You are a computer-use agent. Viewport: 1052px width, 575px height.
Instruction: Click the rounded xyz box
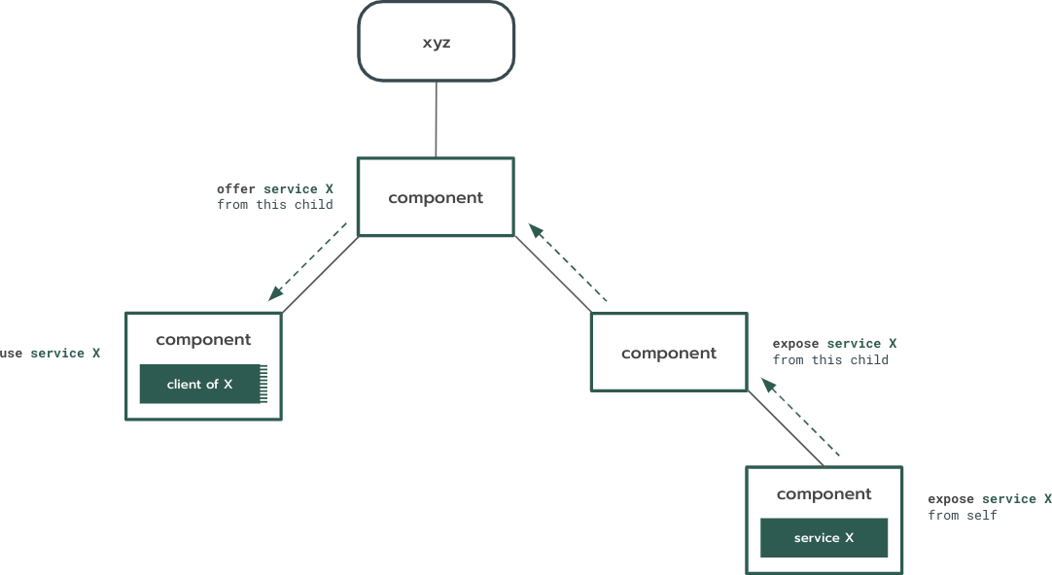[x=436, y=41]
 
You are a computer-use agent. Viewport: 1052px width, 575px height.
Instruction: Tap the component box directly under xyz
[x=436, y=197]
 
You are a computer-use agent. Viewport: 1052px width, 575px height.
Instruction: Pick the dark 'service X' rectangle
[x=824, y=537]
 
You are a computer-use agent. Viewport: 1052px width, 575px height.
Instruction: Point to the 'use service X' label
[x=50, y=354]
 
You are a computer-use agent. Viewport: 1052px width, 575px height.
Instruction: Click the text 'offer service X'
[x=275, y=188]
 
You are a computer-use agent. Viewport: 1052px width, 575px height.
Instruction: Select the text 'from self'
[x=962, y=515]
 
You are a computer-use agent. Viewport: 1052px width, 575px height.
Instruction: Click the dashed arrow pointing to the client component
[x=308, y=261]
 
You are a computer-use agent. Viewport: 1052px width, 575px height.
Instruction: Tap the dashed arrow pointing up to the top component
[x=568, y=262]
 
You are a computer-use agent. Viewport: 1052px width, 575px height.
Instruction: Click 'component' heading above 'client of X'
[x=203, y=340]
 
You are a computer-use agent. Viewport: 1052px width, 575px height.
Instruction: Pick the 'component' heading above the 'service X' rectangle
[x=824, y=494]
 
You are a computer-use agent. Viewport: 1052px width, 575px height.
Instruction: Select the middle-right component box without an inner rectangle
[x=669, y=353]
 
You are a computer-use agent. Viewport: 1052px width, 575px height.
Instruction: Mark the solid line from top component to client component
[x=320, y=274]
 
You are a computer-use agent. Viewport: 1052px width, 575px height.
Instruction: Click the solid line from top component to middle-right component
[x=552, y=274]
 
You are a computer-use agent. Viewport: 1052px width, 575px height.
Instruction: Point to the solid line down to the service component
[x=786, y=428]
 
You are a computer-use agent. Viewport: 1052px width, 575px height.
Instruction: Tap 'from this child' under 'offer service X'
[x=275, y=205]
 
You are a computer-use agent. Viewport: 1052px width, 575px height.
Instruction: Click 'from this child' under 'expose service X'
[x=830, y=359]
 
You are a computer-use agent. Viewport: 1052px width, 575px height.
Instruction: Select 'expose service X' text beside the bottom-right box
[x=989, y=498]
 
